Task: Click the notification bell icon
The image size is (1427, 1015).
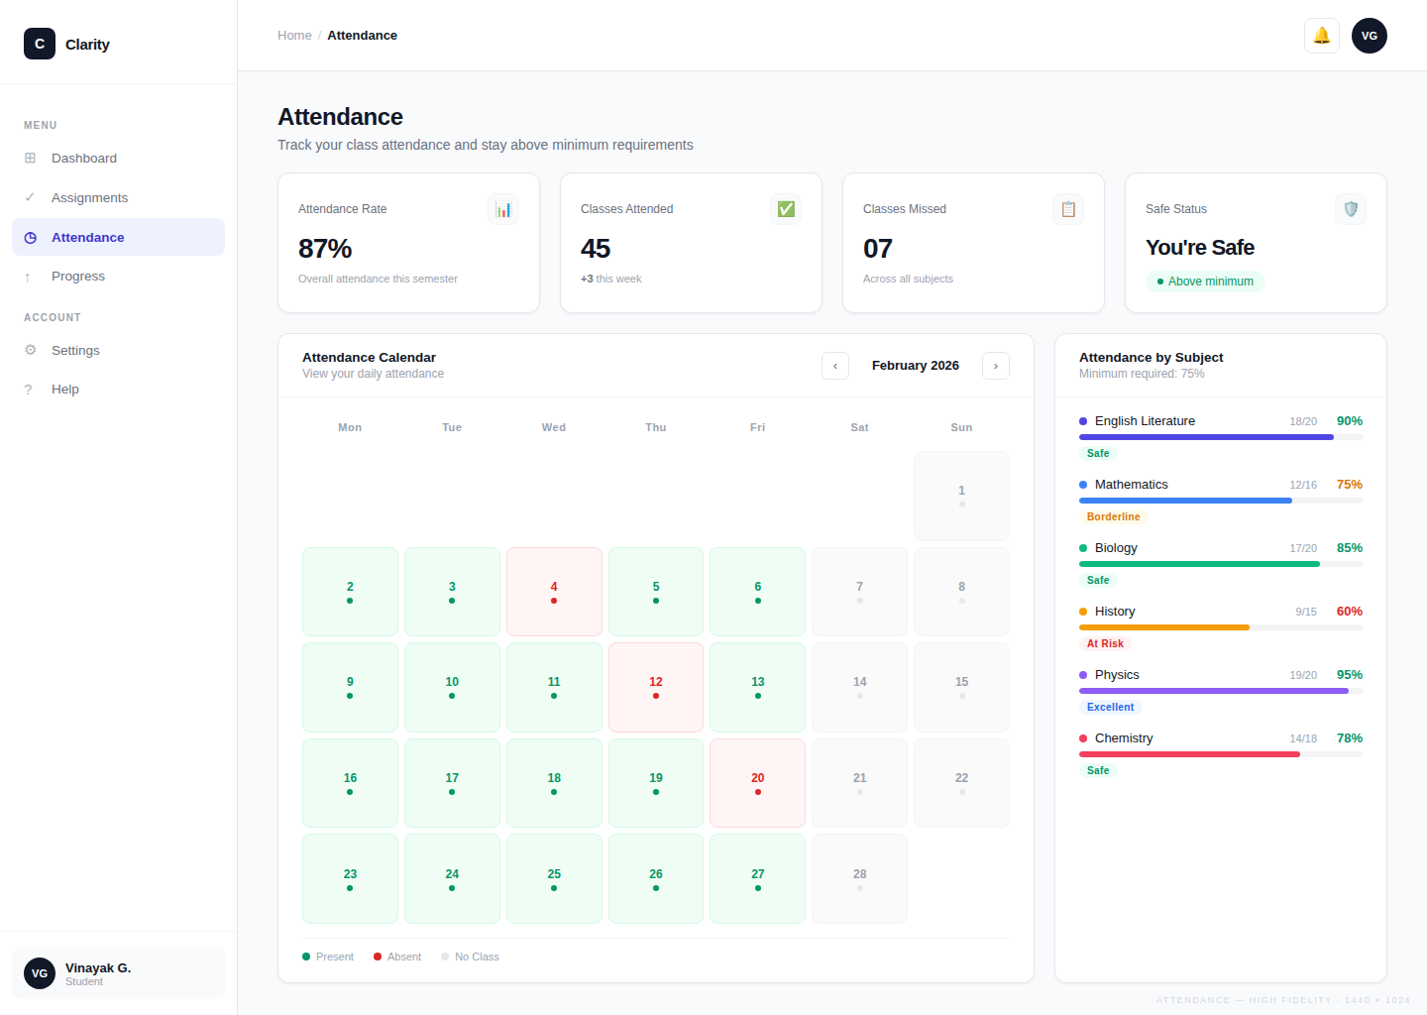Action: click(x=1321, y=36)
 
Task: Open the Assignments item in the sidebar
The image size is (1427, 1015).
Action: click(x=89, y=197)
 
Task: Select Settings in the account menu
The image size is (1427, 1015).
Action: click(x=75, y=350)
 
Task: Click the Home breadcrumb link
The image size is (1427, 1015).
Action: click(x=294, y=36)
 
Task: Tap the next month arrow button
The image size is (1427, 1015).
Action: click(x=995, y=366)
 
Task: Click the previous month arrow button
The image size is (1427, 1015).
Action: click(x=834, y=366)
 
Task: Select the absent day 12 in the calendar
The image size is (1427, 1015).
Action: click(x=655, y=687)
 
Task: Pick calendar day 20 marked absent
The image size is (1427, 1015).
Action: click(x=757, y=783)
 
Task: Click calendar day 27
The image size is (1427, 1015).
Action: click(x=757, y=878)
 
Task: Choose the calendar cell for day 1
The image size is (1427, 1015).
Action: click(x=961, y=496)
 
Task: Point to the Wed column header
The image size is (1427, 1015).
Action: click(x=553, y=427)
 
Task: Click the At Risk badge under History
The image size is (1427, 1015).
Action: click(x=1105, y=643)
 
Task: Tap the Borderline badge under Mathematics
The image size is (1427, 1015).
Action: click(x=1113, y=516)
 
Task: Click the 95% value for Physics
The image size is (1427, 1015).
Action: click(x=1349, y=675)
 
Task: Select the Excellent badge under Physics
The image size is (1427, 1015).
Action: click(x=1110, y=707)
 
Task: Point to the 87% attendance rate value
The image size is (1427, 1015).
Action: click(x=325, y=249)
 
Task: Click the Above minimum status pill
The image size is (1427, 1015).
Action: click(x=1205, y=282)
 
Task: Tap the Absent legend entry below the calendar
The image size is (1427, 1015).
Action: click(x=397, y=957)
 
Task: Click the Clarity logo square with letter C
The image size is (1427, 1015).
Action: click(x=40, y=44)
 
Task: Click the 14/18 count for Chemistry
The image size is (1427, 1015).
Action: click(x=1302, y=738)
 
